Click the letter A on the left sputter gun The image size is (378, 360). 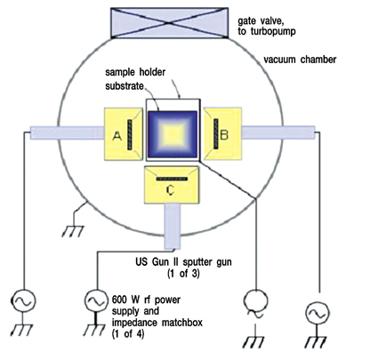click(x=117, y=136)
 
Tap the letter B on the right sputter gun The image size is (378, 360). click(x=224, y=135)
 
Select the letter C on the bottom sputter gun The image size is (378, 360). click(x=170, y=190)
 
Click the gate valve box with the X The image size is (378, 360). click(x=169, y=23)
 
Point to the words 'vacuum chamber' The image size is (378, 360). click(x=300, y=60)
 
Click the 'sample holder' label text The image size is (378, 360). click(x=135, y=72)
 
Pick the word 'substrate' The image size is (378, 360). click(x=125, y=86)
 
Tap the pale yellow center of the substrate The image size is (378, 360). click(x=173, y=135)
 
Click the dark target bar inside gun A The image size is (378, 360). click(x=130, y=134)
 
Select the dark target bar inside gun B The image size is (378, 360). click(x=216, y=133)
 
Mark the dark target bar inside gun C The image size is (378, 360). click(x=172, y=179)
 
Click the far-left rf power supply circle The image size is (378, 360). click(x=23, y=300)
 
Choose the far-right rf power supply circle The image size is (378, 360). click(x=318, y=313)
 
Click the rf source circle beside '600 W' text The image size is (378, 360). click(x=96, y=301)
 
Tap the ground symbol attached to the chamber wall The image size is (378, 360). click(x=73, y=231)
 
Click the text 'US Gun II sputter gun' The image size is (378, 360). click(x=183, y=262)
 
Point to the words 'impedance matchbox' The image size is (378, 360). click(x=157, y=323)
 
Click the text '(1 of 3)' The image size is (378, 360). click(x=183, y=273)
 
